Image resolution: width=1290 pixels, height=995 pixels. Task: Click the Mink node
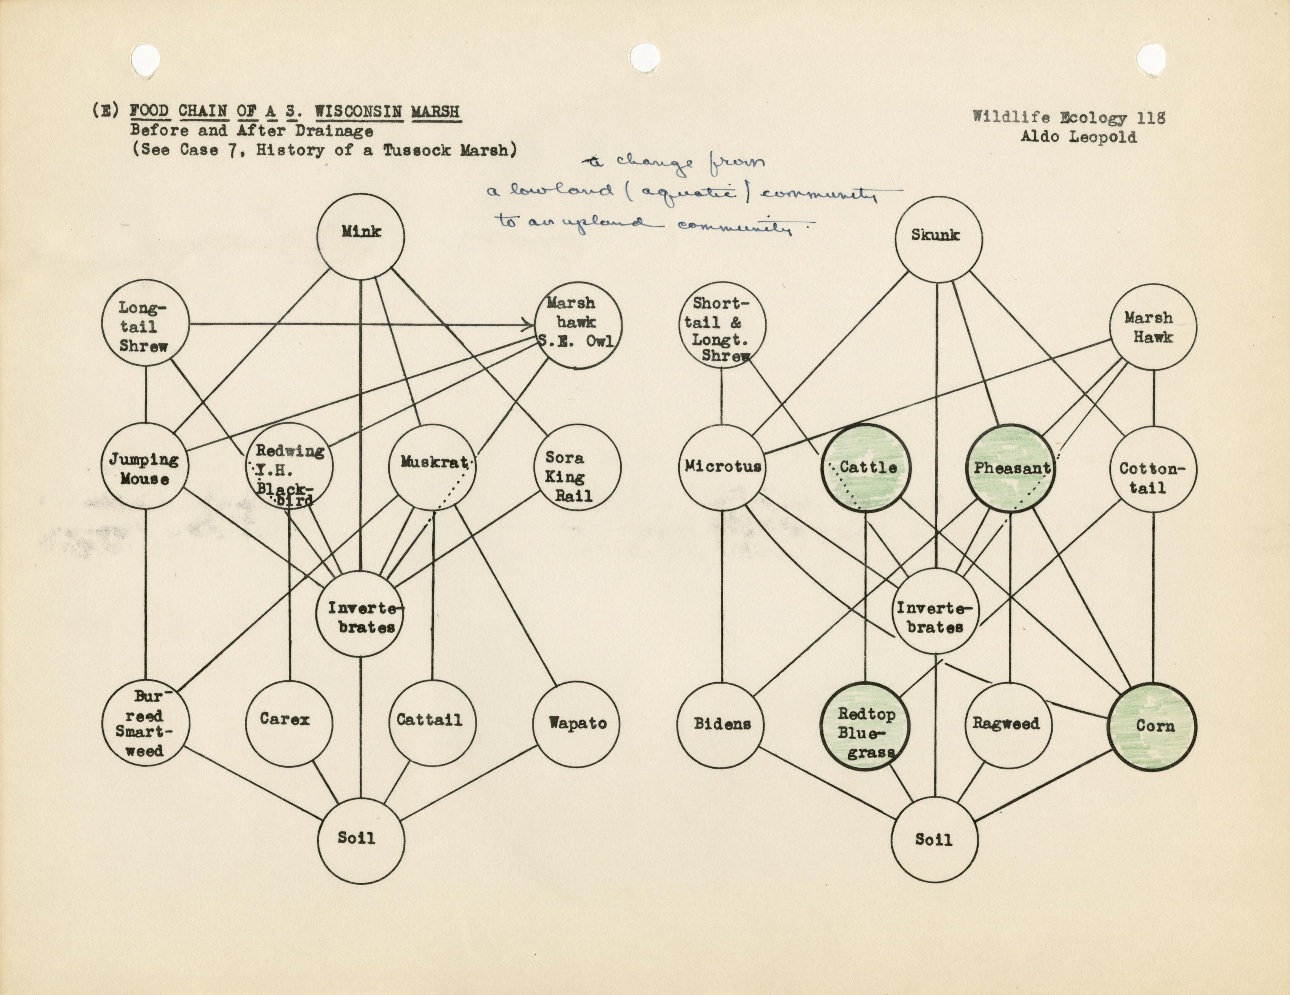pyautogui.click(x=361, y=236)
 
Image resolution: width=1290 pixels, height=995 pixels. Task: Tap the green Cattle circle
pyautogui.click(x=866, y=468)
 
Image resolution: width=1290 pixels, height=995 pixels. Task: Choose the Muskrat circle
pyautogui.click(x=432, y=466)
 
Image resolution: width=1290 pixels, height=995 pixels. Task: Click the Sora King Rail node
pyautogui.click(x=577, y=468)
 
